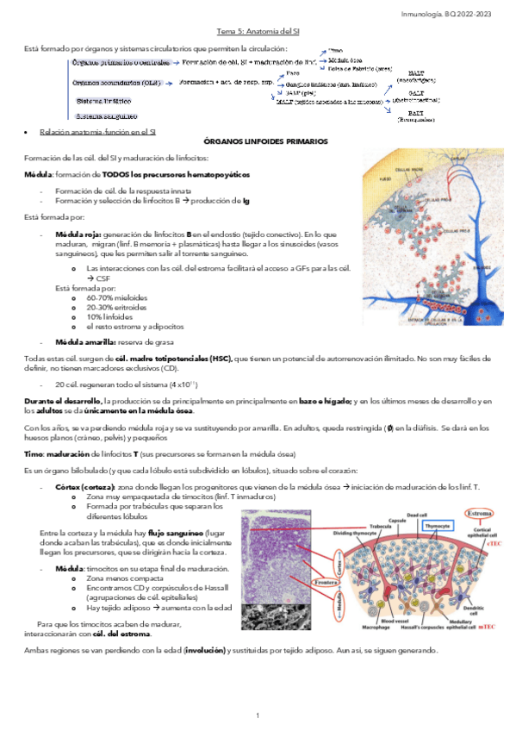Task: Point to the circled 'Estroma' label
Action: pyautogui.click(x=480, y=515)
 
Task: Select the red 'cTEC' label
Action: pyautogui.click(x=494, y=544)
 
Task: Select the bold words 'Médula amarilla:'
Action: pyautogui.click(x=79, y=341)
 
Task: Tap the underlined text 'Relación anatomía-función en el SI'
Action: pyautogui.click(x=93, y=132)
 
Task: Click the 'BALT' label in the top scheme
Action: pyautogui.click(x=416, y=113)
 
